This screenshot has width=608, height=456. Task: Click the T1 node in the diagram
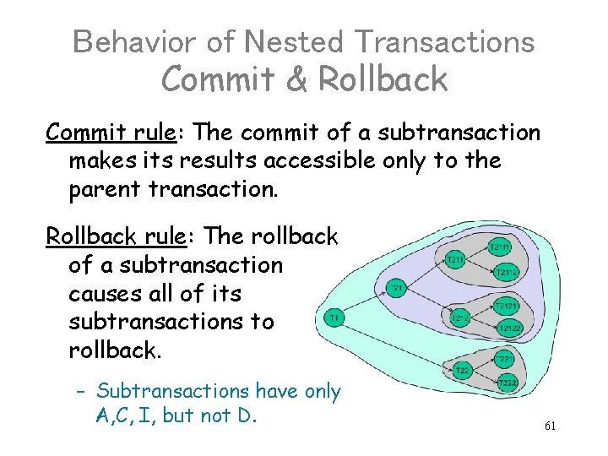click(334, 318)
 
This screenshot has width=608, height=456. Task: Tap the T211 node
click(456, 259)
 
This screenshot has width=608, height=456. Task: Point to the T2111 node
click(502, 247)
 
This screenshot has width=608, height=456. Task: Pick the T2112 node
click(506, 272)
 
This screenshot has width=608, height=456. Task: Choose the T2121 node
click(506, 305)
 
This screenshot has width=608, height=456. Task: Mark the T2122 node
click(509, 327)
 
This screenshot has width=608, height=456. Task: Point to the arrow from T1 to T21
click(366, 303)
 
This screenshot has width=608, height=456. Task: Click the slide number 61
click(550, 426)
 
